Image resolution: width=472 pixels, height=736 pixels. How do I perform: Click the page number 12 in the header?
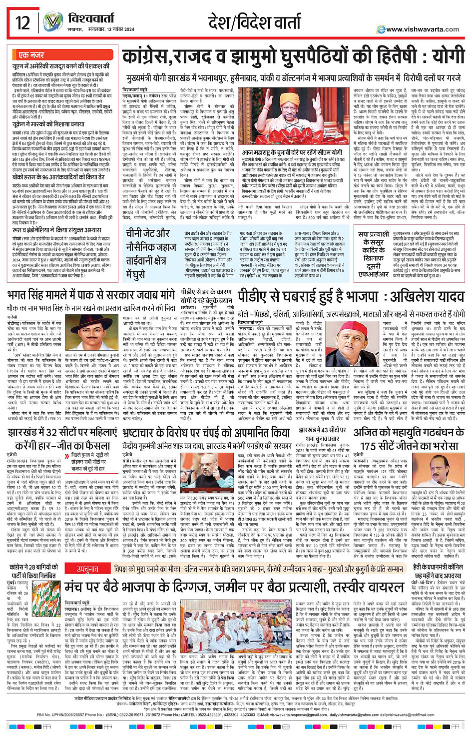tap(22, 22)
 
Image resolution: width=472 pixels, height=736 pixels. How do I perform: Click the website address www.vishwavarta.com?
tap(422, 29)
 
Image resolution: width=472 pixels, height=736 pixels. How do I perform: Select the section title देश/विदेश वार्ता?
tap(255, 22)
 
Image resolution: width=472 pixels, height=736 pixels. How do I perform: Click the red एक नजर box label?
tap(30, 55)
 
